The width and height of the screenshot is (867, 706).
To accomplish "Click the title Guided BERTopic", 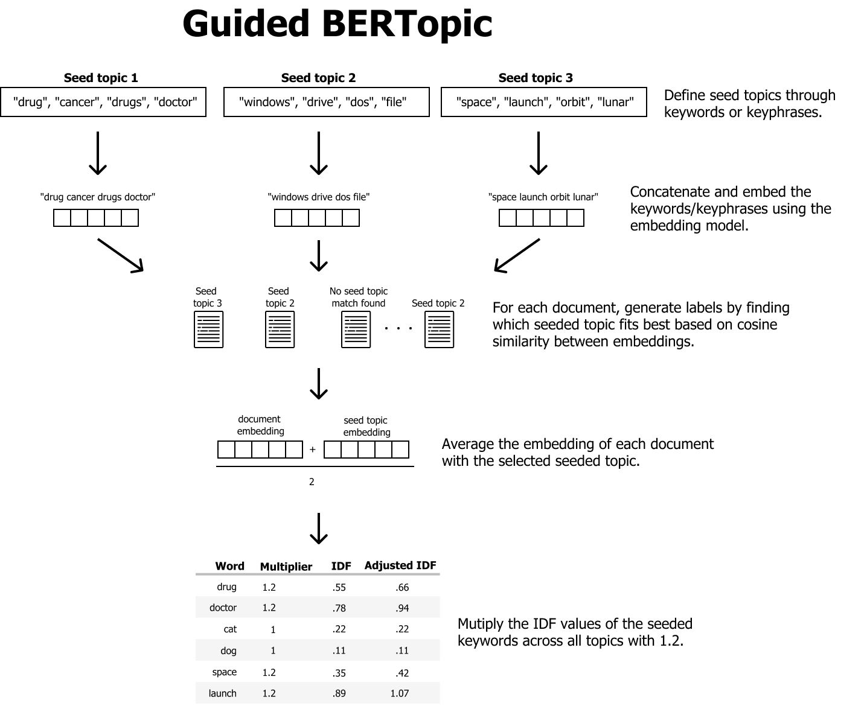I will (337, 24).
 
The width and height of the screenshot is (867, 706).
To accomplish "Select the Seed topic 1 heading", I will (101, 78).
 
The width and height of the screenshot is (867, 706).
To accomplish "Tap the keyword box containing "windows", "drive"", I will (326, 102).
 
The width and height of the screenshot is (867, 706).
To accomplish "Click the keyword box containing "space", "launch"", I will (543, 102).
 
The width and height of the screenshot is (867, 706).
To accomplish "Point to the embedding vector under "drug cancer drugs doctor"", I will (96, 218).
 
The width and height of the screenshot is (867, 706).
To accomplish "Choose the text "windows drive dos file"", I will (318, 197).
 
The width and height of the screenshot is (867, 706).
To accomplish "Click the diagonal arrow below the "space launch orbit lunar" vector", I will (516, 255).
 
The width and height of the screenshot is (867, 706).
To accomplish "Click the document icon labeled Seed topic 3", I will (208, 329).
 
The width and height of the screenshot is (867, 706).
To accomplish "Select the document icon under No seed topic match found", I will (356, 329).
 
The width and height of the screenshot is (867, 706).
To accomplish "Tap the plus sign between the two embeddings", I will (312, 450).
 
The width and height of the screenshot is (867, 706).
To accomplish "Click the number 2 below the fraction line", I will (312, 482).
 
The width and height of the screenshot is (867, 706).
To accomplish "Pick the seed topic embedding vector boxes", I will (366, 450).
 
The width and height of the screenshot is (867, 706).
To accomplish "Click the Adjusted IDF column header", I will (400, 565).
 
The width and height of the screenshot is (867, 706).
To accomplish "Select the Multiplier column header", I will (286, 567).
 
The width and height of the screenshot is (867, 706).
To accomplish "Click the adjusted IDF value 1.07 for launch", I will (399, 693).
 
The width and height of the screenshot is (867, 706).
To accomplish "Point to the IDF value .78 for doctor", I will (339, 608).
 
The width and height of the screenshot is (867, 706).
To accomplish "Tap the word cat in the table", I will (230, 629).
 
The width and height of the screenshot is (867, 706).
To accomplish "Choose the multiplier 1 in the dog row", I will (273, 650).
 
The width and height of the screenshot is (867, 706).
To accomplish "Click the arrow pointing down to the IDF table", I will (318, 529).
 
